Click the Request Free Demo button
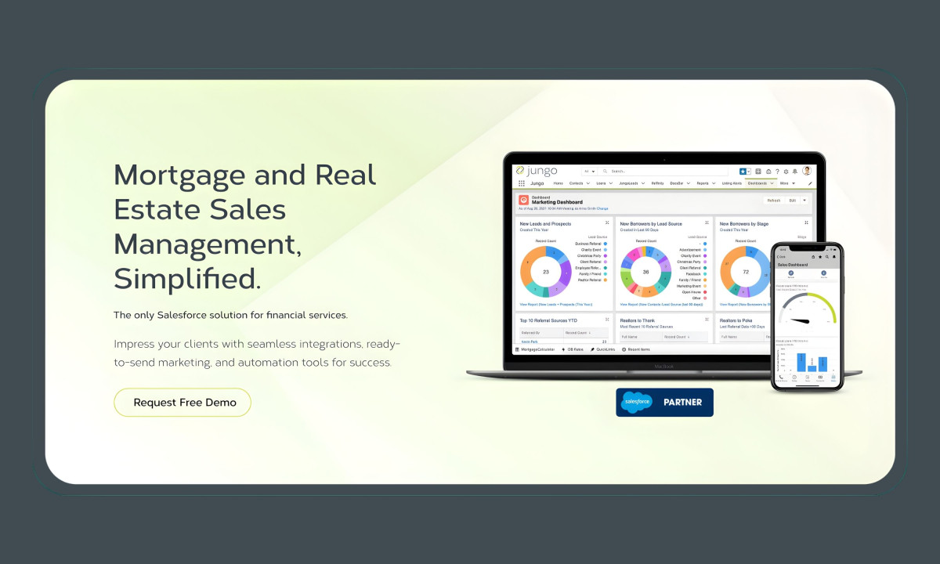[183, 403]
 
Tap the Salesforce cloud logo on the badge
[636, 403]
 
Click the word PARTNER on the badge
[682, 403]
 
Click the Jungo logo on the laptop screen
[537, 171]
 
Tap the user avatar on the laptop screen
[807, 171]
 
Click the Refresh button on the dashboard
[773, 201]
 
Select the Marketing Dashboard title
[557, 202]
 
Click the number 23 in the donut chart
[545, 272]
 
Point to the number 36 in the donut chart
[645, 272]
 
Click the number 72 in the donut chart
[746, 272]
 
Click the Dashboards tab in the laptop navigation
[757, 183]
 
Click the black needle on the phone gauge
[800, 320]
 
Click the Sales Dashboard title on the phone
[793, 265]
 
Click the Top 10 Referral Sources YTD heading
[548, 320]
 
